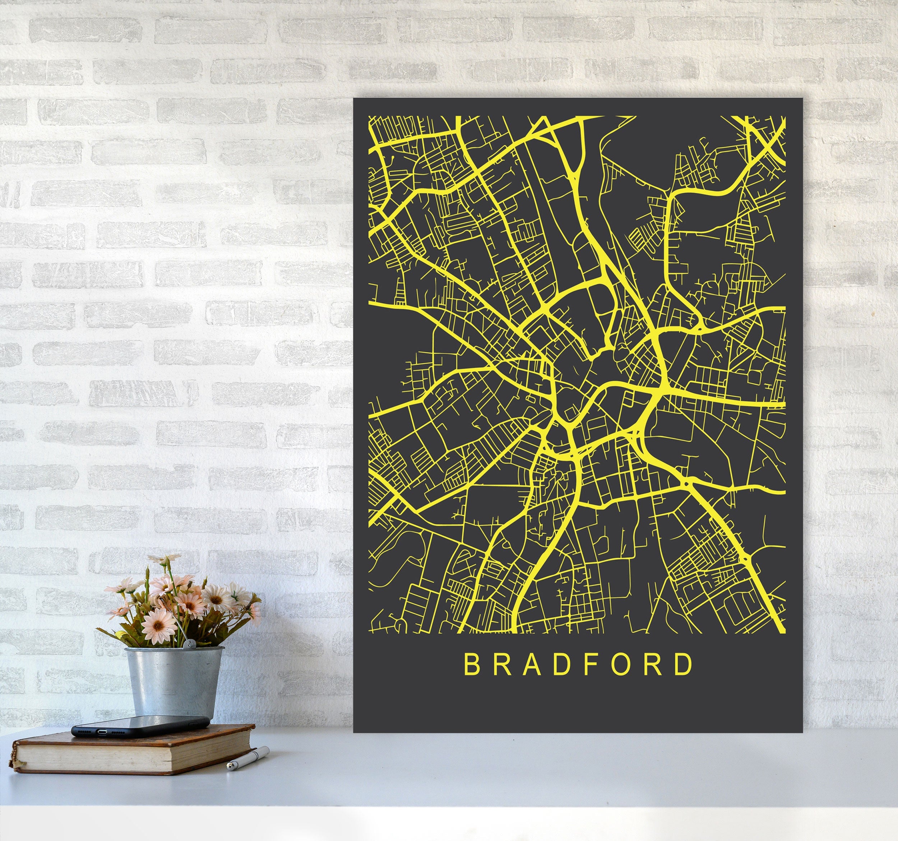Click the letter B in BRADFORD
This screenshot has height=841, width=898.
pyautogui.click(x=471, y=664)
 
